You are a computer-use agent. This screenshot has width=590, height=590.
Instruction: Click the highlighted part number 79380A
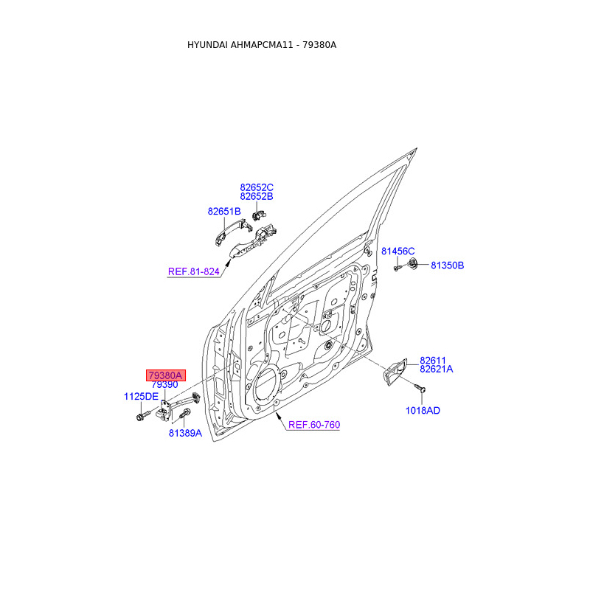coord(165,375)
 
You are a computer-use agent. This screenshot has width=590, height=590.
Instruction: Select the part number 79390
coord(164,385)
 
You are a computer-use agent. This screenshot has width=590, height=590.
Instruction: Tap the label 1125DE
coord(141,397)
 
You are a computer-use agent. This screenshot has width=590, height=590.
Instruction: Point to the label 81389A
coord(184,434)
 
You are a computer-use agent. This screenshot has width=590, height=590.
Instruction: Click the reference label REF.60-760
coord(313,426)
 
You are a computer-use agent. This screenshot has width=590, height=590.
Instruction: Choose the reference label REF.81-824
coord(194,272)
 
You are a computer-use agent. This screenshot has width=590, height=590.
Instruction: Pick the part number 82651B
coord(224,212)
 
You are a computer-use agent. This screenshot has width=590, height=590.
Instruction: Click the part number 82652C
coord(257,187)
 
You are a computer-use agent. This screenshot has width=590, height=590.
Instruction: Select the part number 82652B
coord(257,197)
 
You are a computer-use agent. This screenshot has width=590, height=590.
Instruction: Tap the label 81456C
coord(398,251)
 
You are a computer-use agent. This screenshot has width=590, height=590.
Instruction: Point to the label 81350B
coord(448,265)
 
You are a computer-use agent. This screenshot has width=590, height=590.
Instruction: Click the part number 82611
coord(434,360)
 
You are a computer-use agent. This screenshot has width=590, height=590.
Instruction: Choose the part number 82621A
coord(437,369)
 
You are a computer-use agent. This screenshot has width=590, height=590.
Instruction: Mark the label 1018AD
coord(423,411)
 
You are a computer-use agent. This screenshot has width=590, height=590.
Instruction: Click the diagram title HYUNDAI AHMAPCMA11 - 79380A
coord(262,45)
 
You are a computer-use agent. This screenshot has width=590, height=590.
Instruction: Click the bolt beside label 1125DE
coord(140,417)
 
